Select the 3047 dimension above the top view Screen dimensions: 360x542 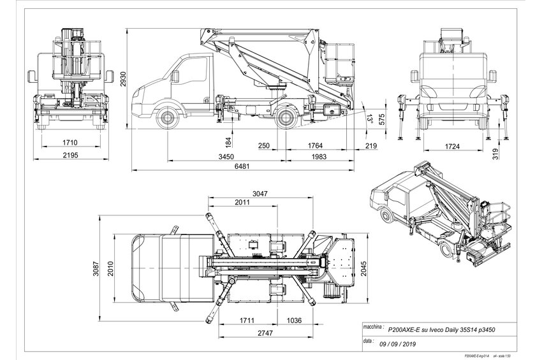tap(260, 192)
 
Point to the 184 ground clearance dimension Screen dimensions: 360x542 tap(228, 140)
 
